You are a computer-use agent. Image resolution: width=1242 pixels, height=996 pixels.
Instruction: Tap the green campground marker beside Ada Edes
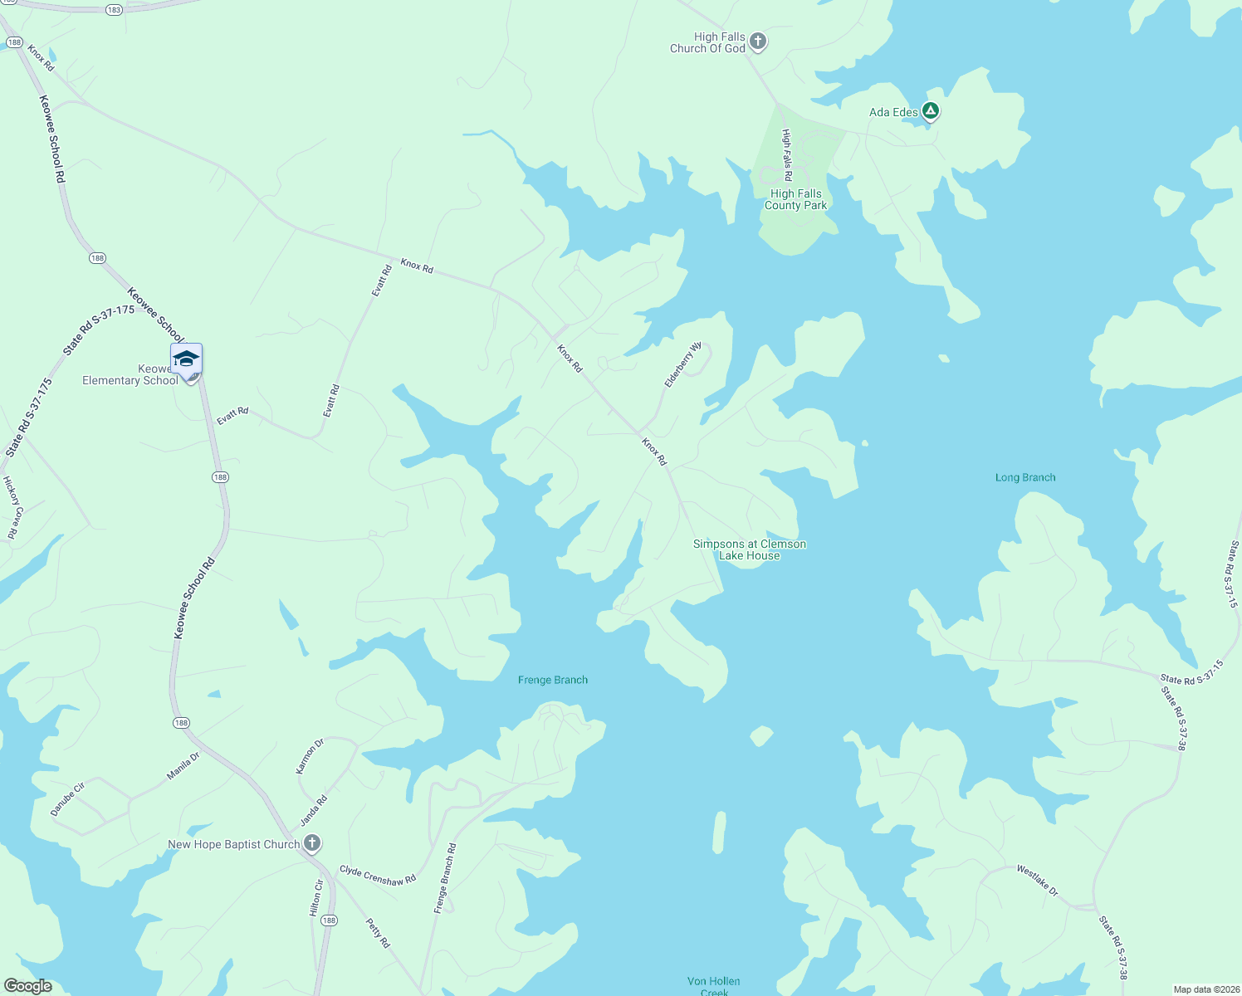[931, 110]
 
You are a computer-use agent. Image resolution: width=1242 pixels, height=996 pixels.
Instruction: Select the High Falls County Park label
[795, 199]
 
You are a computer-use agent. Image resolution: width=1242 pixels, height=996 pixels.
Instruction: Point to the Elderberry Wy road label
[682, 364]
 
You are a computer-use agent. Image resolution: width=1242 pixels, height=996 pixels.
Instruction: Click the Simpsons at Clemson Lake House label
[749, 549]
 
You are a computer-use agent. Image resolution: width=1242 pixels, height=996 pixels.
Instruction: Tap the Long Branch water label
[1025, 477]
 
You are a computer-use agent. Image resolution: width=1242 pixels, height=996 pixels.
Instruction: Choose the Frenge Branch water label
[553, 680]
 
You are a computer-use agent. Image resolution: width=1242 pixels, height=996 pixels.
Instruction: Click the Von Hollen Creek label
[714, 985]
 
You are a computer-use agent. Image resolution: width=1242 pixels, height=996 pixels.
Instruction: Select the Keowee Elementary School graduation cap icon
[186, 359]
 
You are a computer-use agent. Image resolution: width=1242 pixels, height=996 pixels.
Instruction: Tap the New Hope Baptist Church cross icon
[312, 844]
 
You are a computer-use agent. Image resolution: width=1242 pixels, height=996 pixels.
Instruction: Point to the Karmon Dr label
[310, 756]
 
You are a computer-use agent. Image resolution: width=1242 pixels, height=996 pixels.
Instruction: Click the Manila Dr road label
[183, 765]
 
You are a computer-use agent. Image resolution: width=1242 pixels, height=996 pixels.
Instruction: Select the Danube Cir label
[67, 799]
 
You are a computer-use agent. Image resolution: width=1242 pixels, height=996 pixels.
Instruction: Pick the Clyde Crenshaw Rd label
[377, 876]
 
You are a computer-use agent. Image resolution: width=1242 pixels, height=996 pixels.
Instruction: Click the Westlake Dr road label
[1038, 881]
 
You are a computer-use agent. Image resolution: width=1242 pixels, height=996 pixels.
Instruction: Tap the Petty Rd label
[378, 933]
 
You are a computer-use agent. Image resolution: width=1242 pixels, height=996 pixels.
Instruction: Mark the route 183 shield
[114, 10]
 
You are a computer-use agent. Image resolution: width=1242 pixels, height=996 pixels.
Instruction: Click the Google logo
[27, 986]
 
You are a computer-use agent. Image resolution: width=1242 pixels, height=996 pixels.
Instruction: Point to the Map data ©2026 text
[1205, 989]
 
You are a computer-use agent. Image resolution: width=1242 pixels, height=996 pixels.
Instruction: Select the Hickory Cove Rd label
[12, 507]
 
